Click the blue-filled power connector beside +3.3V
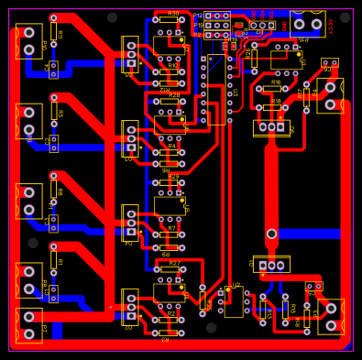307,24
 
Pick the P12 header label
198,16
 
